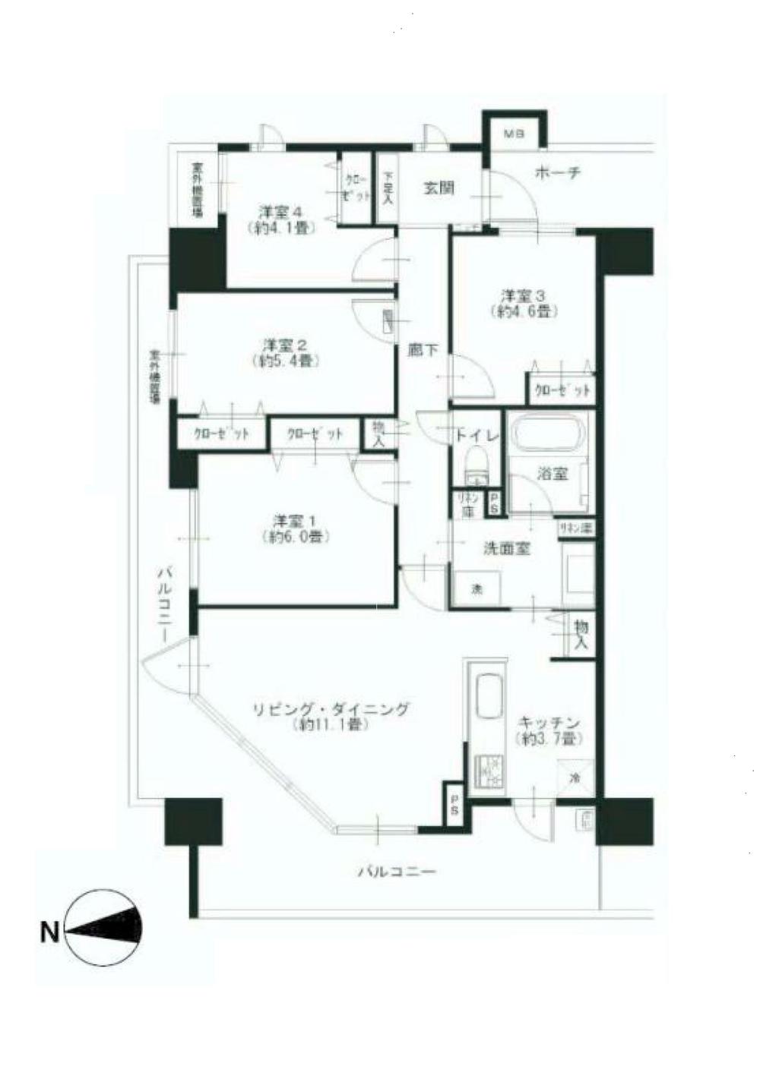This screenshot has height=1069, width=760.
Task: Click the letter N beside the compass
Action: point(49,931)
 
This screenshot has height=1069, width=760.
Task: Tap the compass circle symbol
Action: point(103,927)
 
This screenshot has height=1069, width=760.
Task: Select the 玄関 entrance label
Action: point(439,187)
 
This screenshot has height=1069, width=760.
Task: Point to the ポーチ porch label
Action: point(558,173)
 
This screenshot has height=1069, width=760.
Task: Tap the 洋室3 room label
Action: point(519,294)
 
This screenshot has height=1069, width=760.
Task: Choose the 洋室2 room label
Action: point(280,342)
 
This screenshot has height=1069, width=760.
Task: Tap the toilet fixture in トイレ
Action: point(477,465)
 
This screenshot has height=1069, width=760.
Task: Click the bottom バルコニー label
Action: point(398,872)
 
